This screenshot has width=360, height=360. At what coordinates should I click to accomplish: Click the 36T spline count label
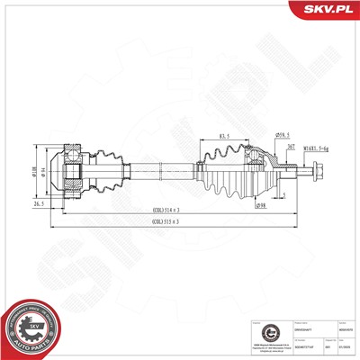pos(293,147)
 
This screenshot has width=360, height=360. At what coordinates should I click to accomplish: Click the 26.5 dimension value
pos(38,203)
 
